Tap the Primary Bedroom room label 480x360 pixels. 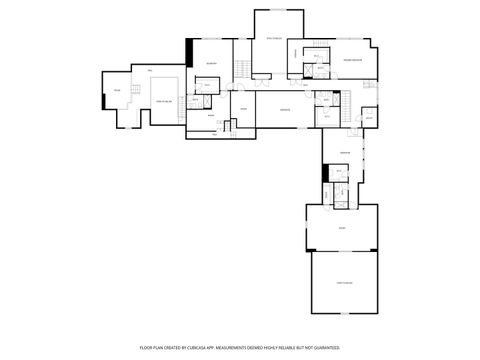pos(352,62)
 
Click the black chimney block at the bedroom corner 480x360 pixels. pos(189,52)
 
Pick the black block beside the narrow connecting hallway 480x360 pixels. pos(325,173)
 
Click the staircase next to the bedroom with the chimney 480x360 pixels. pos(241,69)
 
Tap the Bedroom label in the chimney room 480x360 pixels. pos(211,64)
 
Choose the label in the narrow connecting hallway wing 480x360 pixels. pos(344,152)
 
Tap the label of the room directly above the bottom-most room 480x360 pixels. pos(342,229)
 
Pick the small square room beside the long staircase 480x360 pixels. pos(368,116)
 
